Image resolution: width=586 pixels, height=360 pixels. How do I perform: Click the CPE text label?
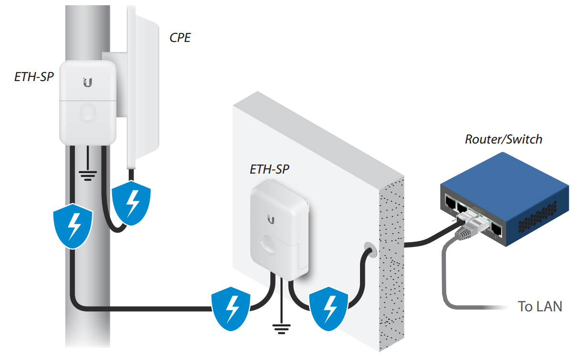[x=180, y=38]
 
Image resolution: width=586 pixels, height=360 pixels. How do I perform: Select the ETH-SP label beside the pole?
[x=33, y=76]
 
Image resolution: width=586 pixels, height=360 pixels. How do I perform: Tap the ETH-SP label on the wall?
[x=269, y=169]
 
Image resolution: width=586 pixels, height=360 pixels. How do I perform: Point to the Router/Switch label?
[x=504, y=139]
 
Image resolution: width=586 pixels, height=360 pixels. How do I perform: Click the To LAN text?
[x=540, y=306]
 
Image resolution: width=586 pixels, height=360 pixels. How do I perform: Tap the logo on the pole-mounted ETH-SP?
[x=87, y=82]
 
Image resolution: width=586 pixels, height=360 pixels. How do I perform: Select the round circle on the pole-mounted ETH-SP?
[x=88, y=113]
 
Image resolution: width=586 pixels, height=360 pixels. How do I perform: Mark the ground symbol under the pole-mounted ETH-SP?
[x=87, y=175]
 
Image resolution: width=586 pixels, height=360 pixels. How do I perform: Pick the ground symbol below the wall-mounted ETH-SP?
[x=281, y=329]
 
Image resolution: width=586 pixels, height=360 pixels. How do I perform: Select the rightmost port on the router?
[x=496, y=229]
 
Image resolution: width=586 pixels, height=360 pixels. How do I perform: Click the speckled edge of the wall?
[x=391, y=267]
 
